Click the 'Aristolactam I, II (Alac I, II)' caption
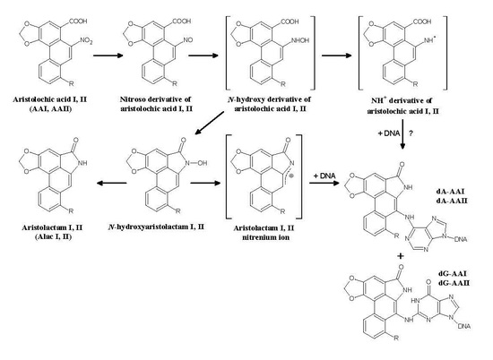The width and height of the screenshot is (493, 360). coord(41,236)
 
